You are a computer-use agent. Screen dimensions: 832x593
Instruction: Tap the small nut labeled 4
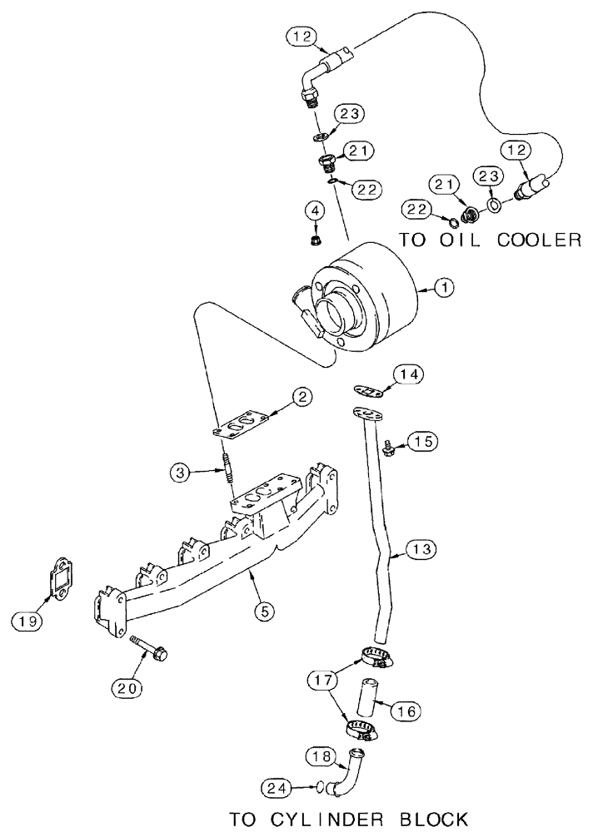pos(315,242)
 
